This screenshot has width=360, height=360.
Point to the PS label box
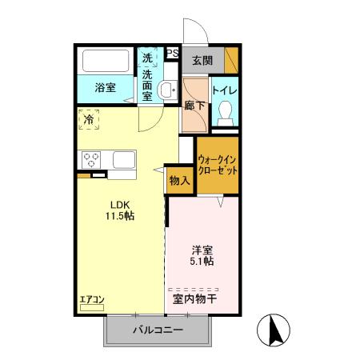172,54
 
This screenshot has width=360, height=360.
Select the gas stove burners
90,158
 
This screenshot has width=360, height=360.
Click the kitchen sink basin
124,159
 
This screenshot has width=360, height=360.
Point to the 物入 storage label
179,181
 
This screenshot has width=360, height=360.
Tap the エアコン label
91,302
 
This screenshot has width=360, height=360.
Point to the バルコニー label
158,330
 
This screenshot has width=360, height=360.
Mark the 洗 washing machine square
147,58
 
